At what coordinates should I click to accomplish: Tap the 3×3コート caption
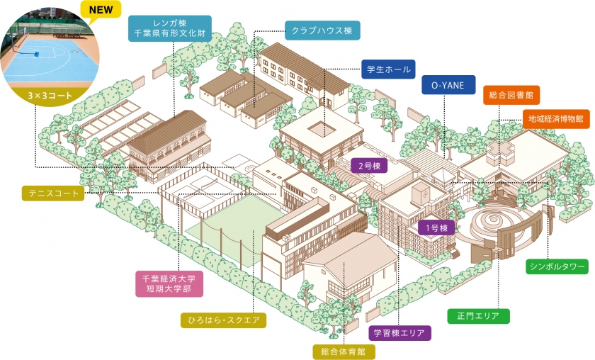(50, 96)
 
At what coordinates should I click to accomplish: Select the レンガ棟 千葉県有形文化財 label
(169, 28)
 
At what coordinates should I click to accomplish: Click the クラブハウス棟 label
(322, 30)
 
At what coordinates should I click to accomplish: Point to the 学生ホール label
(388, 69)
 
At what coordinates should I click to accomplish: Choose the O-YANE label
(448, 85)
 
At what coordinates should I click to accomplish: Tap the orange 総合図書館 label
(511, 95)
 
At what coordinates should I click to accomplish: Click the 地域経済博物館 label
(556, 119)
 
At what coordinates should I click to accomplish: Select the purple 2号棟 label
(369, 166)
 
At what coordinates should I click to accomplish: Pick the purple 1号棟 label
(436, 228)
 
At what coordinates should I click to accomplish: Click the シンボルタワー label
(557, 266)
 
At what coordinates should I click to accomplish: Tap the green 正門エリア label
(478, 316)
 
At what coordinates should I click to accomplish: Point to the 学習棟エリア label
(399, 333)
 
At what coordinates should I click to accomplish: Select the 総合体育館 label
(344, 351)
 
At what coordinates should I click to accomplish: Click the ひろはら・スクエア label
(222, 320)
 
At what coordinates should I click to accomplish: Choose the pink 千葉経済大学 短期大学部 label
(169, 283)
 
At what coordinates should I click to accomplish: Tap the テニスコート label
(53, 193)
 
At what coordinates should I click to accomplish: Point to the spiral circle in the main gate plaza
(493, 222)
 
